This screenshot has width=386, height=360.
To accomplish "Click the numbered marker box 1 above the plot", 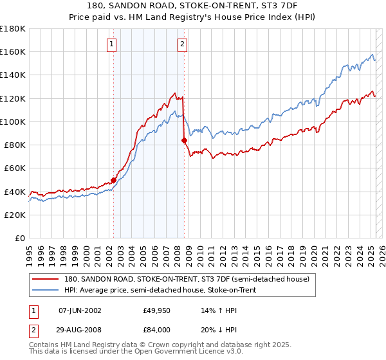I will (x=112, y=44).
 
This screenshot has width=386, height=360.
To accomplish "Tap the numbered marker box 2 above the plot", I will (x=183, y=44).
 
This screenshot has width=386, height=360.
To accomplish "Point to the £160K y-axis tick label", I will (x=13, y=52).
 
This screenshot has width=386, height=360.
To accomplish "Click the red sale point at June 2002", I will (x=114, y=180).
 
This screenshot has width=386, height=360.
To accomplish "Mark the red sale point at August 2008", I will (x=185, y=140).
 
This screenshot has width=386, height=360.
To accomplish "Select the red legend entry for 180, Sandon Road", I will (x=187, y=279).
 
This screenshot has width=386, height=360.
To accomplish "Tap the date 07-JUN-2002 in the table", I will (x=79, y=310).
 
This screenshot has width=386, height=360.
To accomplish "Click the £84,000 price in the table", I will (x=156, y=310).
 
